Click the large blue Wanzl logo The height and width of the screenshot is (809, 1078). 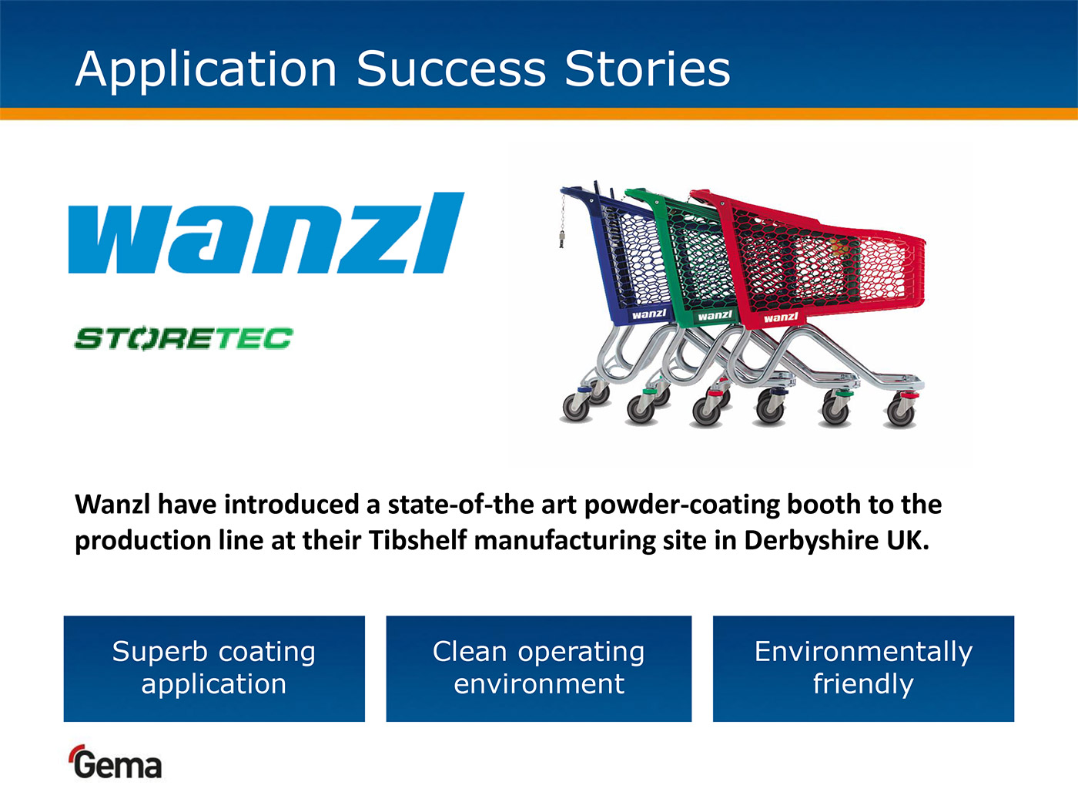click(x=266, y=233)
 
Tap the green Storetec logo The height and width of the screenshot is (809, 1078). click(x=183, y=338)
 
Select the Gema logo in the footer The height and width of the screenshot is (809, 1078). click(x=115, y=762)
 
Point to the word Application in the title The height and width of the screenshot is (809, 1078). click(x=206, y=70)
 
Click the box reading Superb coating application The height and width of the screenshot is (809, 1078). click(x=214, y=669)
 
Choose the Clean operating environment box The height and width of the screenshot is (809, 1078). click(x=539, y=669)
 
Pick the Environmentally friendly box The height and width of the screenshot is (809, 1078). click(x=863, y=669)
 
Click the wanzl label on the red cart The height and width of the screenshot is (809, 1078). click(x=781, y=317)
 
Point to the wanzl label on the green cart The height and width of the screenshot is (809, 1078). click(x=715, y=315)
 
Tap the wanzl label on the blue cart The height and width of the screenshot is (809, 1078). click(x=649, y=314)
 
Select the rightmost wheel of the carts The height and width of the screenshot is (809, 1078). click(x=900, y=413)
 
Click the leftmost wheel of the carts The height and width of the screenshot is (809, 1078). click(x=576, y=408)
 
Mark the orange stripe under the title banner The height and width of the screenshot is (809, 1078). click(x=539, y=113)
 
